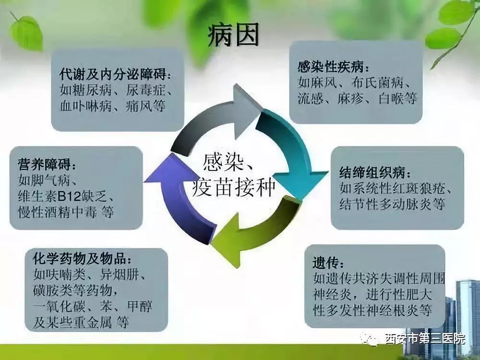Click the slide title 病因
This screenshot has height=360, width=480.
click(x=233, y=35)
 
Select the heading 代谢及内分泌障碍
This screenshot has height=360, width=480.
click(x=113, y=74)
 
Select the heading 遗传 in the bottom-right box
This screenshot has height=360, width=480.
click(x=326, y=263)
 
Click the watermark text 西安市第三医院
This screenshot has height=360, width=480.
click(x=425, y=339)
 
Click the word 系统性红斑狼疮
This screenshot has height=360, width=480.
click(x=398, y=189)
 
